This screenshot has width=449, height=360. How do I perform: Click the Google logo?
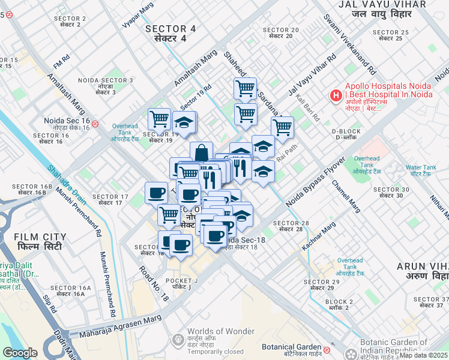pyautogui.click(x=20, y=352)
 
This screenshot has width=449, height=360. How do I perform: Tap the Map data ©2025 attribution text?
pyautogui.click(x=423, y=355)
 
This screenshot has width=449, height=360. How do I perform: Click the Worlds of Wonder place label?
pyautogui.click(x=215, y=336)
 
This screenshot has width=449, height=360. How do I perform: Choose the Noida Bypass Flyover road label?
pyautogui.click(x=315, y=182)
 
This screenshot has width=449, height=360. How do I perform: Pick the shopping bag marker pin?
pyautogui.click(x=202, y=152)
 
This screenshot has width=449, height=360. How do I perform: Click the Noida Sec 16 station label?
pyautogui.click(x=67, y=124)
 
